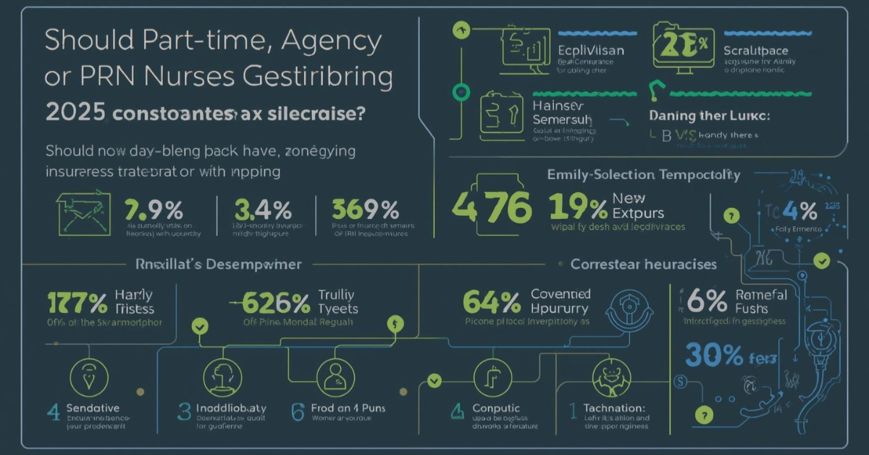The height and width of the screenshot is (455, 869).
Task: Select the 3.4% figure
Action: pyautogui.click(x=262, y=210)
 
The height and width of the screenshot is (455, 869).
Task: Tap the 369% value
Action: pyautogui.click(x=366, y=210)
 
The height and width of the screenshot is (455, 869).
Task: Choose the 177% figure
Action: pyautogui.click(x=76, y=301)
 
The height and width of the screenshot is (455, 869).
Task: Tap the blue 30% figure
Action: pyautogui.click(x=714, y=355)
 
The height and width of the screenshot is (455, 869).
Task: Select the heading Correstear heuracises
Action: pyautogui.click(x=644, y=264)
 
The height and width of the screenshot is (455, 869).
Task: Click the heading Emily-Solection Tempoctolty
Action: pyautogui.click(x=644, y=175)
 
